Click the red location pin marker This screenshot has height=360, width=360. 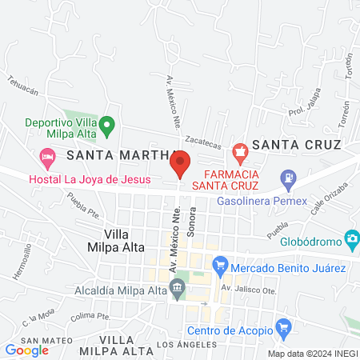181,163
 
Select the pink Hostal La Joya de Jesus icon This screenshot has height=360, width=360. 47,154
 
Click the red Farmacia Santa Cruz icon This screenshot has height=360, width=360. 238,150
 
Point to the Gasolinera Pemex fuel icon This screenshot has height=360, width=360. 286,177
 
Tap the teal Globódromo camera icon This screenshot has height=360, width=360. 351,238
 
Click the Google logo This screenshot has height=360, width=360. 27,350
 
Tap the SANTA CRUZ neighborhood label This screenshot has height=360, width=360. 296,145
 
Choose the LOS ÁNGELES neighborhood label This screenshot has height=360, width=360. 186,344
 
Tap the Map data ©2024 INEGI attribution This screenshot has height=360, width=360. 311,353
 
